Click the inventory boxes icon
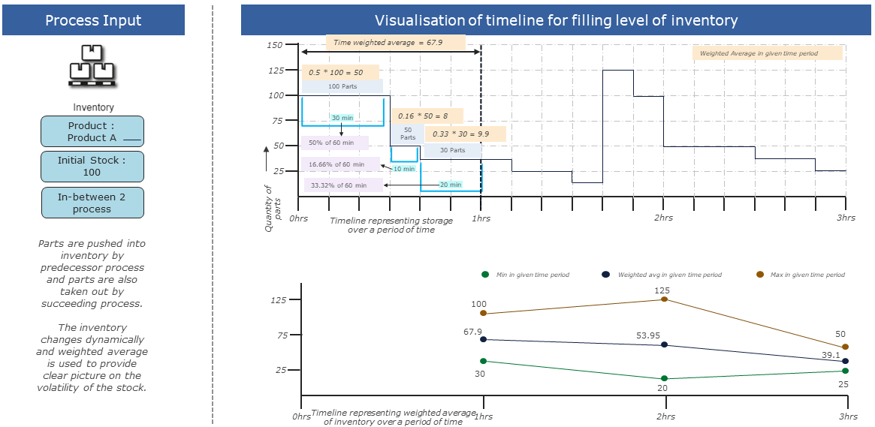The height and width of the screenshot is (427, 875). tap(93, 63)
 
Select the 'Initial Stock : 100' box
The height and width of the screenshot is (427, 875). tap(92, 167)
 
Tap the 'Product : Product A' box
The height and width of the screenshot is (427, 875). tap(92, 131)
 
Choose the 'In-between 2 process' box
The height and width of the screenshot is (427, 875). tap(92, 203)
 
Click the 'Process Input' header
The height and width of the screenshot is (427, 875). tap(93, 20)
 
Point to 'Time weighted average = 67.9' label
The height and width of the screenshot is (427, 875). tap(388, 43)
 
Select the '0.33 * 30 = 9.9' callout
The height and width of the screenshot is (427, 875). tap(465, 134)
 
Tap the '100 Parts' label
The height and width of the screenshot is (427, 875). tap(342, 86)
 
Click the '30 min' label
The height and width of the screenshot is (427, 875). tap(342, 117)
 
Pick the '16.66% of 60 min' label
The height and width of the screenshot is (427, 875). tap(336, 164)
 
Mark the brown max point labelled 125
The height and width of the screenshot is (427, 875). tap(664, 299)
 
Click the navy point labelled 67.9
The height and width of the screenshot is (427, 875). tap(483, 339)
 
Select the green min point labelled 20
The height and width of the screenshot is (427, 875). tap(664, 379)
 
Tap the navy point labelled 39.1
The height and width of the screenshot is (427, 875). tap(846, 361)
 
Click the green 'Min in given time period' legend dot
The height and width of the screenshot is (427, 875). tap(485, 275)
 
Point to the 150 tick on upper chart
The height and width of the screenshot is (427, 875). tap(275, 45)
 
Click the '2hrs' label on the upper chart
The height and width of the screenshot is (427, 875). tap(663, 218)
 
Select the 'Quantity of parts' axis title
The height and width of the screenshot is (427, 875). tap(271, 208)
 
